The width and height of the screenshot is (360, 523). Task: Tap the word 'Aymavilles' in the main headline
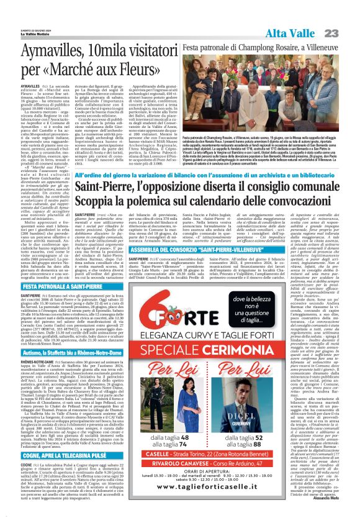50,50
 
